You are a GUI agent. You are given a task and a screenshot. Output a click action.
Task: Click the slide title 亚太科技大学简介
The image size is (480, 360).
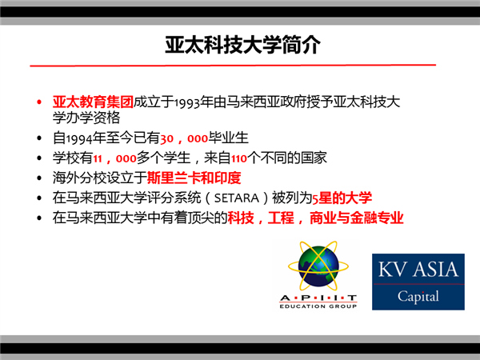click(x=242, y=45)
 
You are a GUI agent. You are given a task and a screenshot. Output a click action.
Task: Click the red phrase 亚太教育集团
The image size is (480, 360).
click(x=93, y=102)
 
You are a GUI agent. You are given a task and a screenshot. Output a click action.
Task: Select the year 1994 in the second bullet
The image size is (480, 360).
click(x=79, y=138)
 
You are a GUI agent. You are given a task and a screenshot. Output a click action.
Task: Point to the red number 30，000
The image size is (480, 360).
click(x=184, y=138)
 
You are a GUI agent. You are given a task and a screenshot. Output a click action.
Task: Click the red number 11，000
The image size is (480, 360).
click(x=114, y=158)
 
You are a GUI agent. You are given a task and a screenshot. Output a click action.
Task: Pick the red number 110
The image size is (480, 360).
click(x=239, y=158)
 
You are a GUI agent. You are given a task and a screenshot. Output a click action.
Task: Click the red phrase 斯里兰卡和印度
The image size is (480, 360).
click(x=194, y=178)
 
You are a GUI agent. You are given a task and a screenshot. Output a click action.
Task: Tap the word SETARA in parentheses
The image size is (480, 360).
click(x=237, y=198)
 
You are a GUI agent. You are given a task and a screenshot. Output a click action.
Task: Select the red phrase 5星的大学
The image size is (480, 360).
click(x=342, y=198)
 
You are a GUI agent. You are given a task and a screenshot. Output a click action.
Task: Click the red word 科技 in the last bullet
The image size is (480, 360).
click(x=241, y=218)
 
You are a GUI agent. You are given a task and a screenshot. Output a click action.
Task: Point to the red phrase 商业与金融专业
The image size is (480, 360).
click(x=357, y=218)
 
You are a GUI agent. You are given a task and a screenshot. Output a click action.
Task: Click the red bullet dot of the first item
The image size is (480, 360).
click(x=39, y=102)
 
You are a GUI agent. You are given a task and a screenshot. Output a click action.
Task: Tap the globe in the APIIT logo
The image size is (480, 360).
click(x=318, y=266)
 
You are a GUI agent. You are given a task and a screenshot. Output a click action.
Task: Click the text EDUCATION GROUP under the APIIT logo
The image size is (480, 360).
click(x=318, y=306)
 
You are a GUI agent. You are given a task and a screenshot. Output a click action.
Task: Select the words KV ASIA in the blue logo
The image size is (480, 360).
click(x=418, y=270)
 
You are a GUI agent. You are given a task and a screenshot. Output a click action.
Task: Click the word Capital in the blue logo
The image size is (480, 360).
click(x=418, y=296)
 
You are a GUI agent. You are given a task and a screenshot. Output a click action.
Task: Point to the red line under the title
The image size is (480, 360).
click(x=233, y=66)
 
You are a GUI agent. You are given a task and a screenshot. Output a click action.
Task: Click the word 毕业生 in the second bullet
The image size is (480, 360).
click(x=228, y=138)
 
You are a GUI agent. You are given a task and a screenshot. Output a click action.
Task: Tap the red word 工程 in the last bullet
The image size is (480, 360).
click(x=281, y=218)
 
